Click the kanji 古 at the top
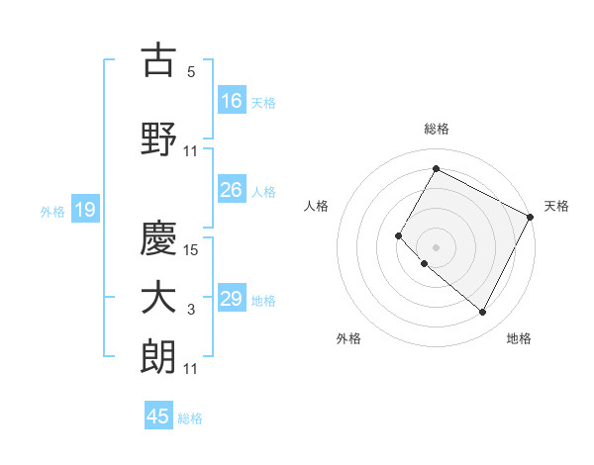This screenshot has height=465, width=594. click(158, 60)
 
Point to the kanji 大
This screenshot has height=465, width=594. click(158, 298)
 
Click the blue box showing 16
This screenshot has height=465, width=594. click(232, 100)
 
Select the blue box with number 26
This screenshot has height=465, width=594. click(232, 190)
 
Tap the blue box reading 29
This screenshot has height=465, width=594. click(232, 299)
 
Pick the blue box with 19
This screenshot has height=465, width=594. click(84, 210)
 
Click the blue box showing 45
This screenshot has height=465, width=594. click(158, 417)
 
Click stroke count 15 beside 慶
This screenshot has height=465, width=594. click(192, 249)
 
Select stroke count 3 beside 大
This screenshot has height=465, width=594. click(192, 311)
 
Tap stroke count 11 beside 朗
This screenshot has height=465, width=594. click(192, 368)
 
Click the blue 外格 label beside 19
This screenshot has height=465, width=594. click(51, 211)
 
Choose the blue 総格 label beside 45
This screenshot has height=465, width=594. click(190, 418)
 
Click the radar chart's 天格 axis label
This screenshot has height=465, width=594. click(556, 206)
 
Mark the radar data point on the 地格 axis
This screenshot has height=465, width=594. click(483, 313)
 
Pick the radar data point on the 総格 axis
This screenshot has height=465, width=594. click(436, 168)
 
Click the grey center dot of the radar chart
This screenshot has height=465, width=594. click(436, 246)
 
